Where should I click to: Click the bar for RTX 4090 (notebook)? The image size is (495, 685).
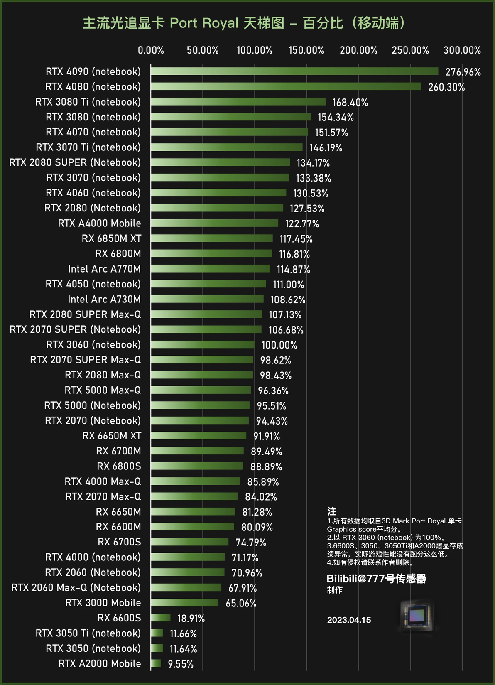pos(294,71)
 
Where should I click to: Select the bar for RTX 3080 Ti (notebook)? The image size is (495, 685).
pos(238,102)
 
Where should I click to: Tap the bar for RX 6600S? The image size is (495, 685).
pos(161,618)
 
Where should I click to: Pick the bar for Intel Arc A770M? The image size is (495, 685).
pos(210,269)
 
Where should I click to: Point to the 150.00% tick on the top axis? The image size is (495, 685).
pos(306,50)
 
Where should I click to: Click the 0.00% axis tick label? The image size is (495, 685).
pos(151,50)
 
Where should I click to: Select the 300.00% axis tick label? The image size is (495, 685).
pos(462,50)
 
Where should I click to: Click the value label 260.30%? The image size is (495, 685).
pos(446,87)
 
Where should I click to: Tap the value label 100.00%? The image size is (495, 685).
pos(279,345)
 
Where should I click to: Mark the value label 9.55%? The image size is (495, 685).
pos(181,664)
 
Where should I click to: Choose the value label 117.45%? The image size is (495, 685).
pos(296,239)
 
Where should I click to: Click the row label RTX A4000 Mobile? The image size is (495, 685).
pos(99,223)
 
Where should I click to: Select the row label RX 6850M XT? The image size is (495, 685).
pos(111,238)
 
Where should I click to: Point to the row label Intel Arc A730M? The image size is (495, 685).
pos(104,300)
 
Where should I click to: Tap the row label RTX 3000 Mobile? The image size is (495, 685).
pos(103,603)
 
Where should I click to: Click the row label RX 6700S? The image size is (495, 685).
pos(119,542)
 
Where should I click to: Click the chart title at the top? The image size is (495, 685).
pos(244,23)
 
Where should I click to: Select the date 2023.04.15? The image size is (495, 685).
pos(349,620)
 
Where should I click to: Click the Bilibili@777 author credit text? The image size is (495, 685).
pos(376,579)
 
